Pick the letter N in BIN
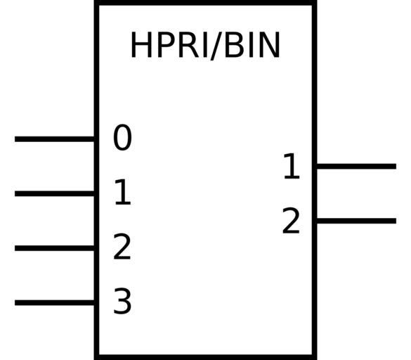tap(270, 45)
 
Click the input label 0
tap(122, 138)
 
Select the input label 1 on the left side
tap(123, 192)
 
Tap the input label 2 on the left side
tap(122, 247)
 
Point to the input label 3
tap(122, 301)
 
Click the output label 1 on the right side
tap(292, 166)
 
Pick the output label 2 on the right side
tap(291, 221)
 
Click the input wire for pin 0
tap(55, 139)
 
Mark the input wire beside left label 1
tap(55, 193)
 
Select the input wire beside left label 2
tap(55, 248)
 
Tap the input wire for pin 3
tap(55, 302)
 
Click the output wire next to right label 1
tap(356, 167)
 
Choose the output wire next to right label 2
tap(356, 221)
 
